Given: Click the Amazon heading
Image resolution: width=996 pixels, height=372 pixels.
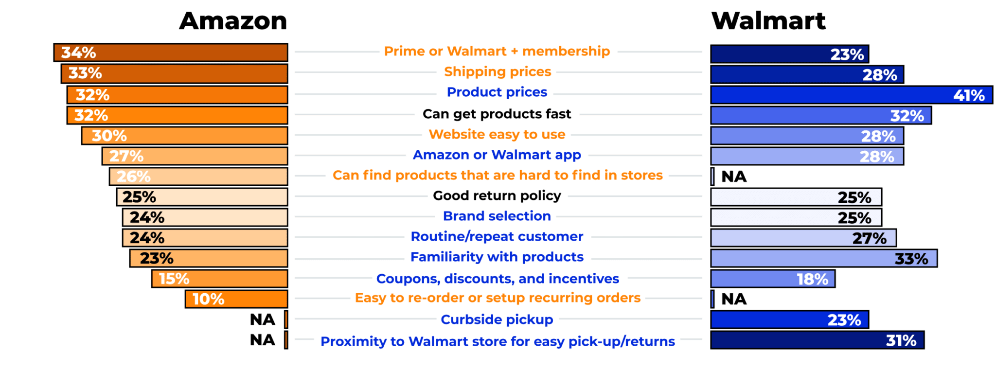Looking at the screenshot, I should pos(233,21).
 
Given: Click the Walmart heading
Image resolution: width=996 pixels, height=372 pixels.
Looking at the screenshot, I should pos(768,21).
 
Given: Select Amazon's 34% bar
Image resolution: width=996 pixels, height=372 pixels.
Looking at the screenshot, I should pos(170,53).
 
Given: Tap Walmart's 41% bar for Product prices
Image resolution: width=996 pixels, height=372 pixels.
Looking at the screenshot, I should pos(851,95).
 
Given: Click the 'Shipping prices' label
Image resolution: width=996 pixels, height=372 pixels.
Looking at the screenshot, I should pos(498,72).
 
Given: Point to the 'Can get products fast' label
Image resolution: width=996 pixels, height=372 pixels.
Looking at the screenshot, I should pos(497,114).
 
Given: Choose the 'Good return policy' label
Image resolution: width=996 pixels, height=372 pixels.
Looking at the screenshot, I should pos(497,196).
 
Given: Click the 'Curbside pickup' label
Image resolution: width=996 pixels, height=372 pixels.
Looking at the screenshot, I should pos(497,319).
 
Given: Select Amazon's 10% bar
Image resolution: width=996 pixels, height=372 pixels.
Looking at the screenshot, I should pos(236,299).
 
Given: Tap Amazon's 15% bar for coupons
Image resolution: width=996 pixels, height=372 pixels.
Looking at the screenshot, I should pos(219,279).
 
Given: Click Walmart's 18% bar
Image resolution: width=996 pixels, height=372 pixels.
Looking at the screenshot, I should pos(773,279).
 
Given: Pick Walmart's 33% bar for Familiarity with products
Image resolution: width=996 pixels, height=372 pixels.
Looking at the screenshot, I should pos(824,258).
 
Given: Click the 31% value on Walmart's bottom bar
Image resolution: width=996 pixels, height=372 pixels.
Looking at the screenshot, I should pos(901,340).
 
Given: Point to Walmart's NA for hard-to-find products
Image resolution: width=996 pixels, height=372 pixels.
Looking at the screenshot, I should pos(734,177).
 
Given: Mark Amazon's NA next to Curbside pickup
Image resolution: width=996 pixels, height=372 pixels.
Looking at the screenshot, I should pos(263,319).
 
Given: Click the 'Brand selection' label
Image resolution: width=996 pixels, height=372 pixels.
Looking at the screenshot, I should pos(497,216).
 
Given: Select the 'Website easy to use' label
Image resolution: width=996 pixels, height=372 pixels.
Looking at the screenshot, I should pos(497,134).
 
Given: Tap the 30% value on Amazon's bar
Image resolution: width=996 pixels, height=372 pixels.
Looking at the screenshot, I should pos(109,136).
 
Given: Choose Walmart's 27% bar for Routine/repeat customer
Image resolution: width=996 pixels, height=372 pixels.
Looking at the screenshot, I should pos(803,238).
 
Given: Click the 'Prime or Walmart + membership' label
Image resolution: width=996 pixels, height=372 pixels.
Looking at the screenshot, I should pos(497,51).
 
